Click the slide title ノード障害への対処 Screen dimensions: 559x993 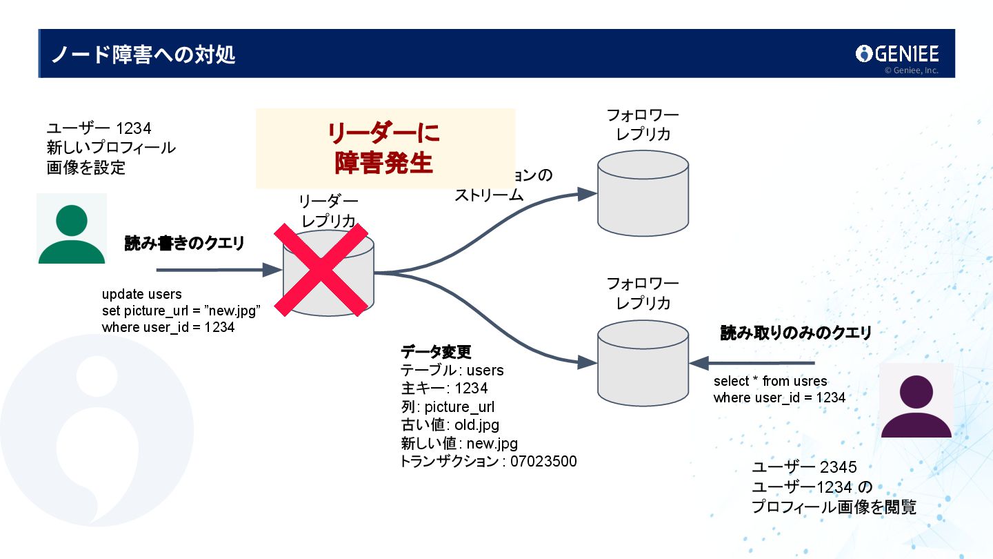tap(143, 55)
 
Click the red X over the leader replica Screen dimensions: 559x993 tap(321, 269)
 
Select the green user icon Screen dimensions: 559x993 tap(72, 230)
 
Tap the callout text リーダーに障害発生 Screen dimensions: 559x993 tap(384, 148)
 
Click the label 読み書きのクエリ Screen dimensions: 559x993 tap(184, 243)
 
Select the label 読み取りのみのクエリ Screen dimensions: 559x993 tap(796, 333)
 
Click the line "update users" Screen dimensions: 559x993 tap(141, 295)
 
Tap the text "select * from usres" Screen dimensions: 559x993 tap(770, 381)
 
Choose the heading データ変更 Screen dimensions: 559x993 tap(436, 352)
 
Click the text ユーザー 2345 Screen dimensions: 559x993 tap(804, 468)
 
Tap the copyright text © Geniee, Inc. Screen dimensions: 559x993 tap(911, 70)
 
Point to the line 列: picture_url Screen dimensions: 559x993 tap(448, 406)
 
